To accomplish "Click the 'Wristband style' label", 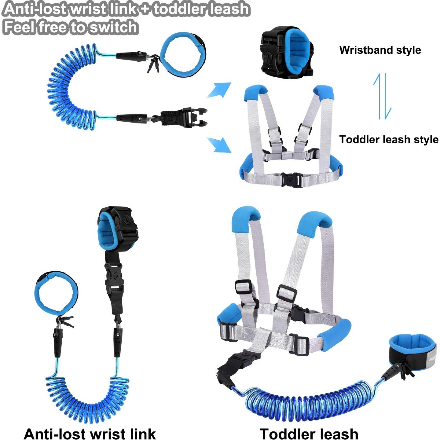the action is (x=380, y=50).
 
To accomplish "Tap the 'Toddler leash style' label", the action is (x=389, y=139).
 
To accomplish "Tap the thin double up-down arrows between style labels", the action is (x=383, y=96).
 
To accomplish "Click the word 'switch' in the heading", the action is (x=113, y=27).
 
